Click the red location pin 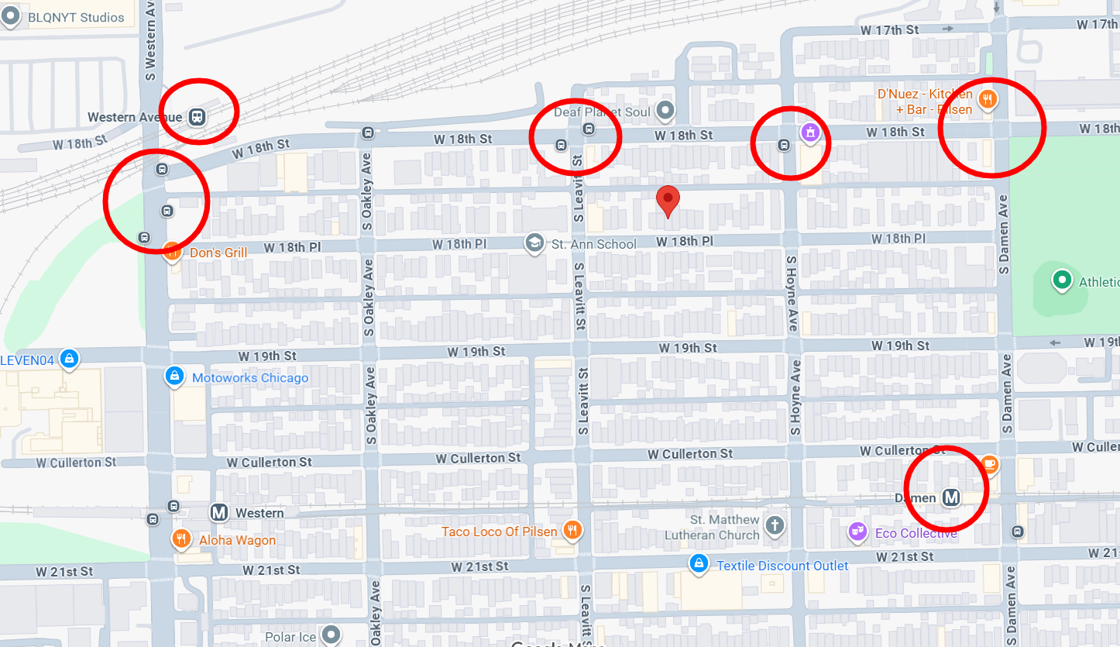[668, 200]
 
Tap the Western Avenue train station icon [198, 117]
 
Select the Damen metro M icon [951, 497]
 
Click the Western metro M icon [219, 513]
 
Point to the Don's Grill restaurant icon [173, 250]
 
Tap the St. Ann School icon [534, 243]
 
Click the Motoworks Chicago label [249, 378]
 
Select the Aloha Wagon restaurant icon [180, 539]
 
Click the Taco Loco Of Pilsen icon [573, 530]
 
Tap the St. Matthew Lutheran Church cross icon [774, 526]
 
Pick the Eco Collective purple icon [857, 532]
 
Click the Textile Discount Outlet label [782, 566]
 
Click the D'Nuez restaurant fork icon [987, 98]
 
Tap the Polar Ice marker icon [332, 635]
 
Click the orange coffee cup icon [989, 463]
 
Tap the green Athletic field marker [1062, 280]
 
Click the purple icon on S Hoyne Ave [809, 133]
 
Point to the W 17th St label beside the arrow [889, 29]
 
